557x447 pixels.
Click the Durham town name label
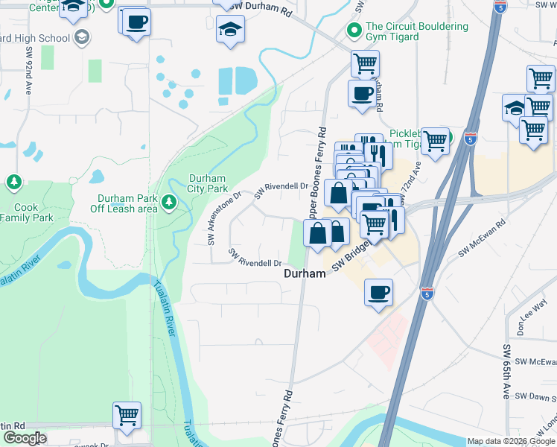tap(305, 273)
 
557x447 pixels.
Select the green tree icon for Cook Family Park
tap(13, 183)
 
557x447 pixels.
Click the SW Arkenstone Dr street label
tap(223, 219)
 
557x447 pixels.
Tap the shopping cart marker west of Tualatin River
tap(127, 416)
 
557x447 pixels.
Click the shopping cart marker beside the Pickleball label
tap(436, 139)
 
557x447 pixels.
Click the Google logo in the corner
tap(25, 438)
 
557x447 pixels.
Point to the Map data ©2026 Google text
tap(511, 441)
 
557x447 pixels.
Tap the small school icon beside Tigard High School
tap(80, 37)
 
